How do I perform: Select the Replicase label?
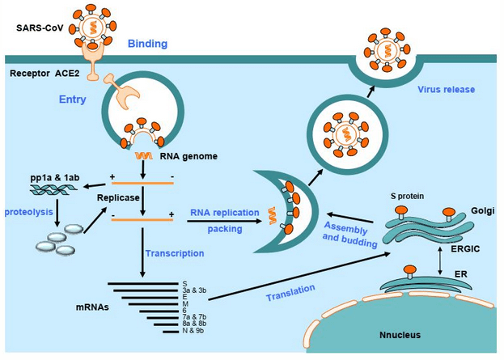[x=116, y=196]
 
